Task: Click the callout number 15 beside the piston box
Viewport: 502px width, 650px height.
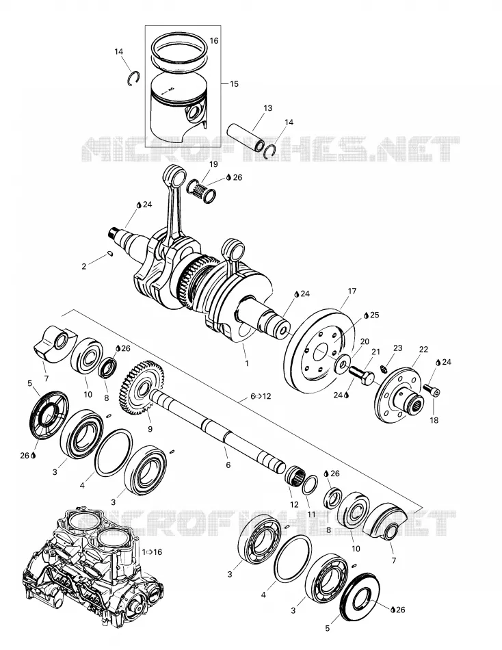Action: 234,83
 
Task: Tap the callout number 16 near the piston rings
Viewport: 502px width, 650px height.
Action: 214,40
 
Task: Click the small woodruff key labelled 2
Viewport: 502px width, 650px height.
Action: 110,253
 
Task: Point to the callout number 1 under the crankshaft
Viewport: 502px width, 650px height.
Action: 247,363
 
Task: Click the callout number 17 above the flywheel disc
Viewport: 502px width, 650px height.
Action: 352,291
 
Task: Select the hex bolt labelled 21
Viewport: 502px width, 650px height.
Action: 362,375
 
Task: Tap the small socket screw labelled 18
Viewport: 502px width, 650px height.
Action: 432,390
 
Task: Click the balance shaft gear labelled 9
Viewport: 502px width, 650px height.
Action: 142,387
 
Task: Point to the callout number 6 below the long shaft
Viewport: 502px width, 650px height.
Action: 228,465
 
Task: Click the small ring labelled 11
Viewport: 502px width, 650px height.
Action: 310,485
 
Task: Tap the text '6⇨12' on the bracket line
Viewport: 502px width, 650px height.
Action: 261,396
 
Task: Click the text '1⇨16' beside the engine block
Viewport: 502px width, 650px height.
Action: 152,552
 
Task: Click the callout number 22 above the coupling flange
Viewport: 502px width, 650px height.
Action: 423,350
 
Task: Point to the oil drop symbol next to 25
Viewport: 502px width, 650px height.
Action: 366,315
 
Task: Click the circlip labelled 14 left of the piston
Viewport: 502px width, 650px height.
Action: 133,79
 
